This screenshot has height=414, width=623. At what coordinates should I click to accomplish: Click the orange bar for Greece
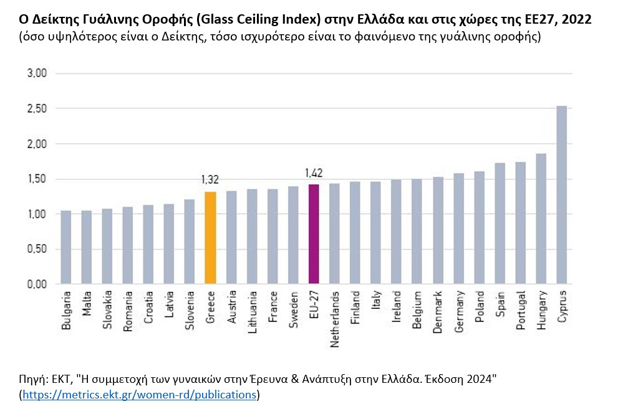[x=210, y=238]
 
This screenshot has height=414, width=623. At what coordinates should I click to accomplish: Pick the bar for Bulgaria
[x=65, y=247]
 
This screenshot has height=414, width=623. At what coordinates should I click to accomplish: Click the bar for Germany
[x=459, y=228]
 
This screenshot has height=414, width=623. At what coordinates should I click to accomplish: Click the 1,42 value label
[x=314, y=172]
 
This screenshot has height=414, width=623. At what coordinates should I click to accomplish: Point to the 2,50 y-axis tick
[x=37, y=109]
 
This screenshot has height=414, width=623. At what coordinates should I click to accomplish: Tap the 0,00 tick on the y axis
[x=37, y=285]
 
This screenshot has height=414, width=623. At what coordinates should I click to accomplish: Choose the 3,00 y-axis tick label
[x=37, y=73]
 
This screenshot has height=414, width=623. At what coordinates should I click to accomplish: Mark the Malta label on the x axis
[x=87, y=303]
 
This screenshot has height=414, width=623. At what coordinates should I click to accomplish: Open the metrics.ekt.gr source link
[x=139, y=395]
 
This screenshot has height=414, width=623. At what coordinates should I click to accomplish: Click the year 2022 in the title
[x=577, y=20]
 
